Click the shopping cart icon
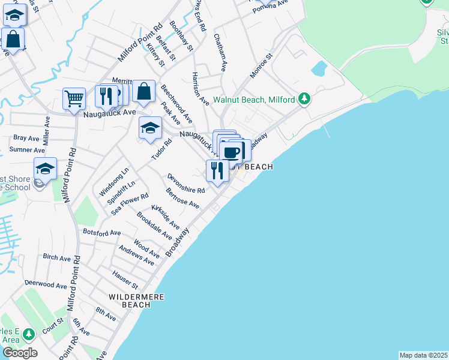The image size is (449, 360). tap(74, 98)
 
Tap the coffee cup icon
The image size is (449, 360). tap(232, 152)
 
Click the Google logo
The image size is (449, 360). tap(19, 353)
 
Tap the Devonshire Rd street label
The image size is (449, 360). tap(186, 182)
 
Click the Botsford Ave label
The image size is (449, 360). tap(102, 232)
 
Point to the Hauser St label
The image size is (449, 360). tap(125, 278)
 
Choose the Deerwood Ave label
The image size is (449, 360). tap(46, 284)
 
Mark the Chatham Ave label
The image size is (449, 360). tap(220, 52)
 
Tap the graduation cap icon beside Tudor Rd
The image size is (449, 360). tap(150, 127)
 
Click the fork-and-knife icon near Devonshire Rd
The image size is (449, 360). tap(216, 170)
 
